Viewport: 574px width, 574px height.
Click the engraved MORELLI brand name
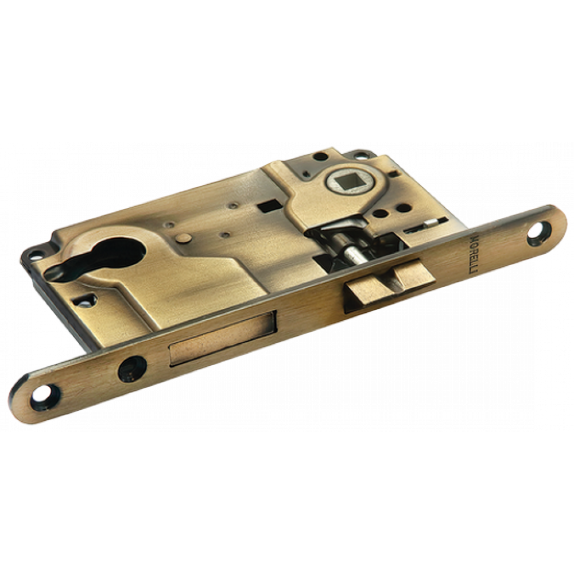point(474,255)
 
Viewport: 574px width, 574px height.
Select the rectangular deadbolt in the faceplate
point(222,336)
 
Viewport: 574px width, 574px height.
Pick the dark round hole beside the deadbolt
point(132,369)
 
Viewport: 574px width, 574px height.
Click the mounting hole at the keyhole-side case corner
point(37,252)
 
